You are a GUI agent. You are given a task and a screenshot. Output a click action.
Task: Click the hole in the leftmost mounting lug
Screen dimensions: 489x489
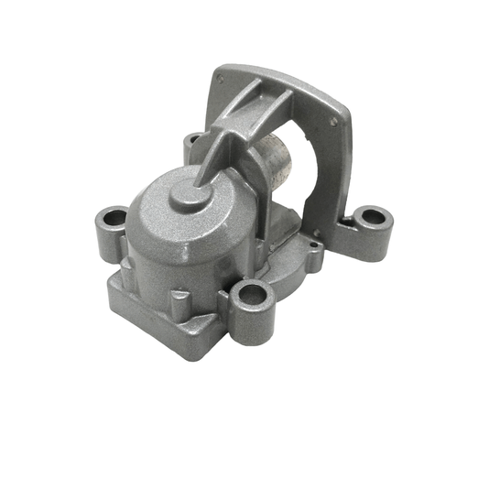(x=114, y=219)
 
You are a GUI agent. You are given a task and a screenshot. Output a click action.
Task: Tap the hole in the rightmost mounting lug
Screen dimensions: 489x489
(x=374, y=217)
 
